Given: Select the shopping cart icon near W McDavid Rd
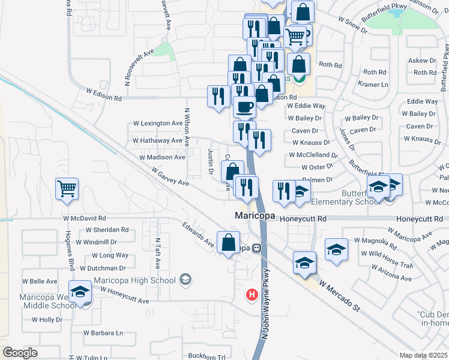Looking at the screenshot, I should pyautogui.click(x=67, y=188).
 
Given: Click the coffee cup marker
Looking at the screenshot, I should pyautogui.click(x=244, y=107).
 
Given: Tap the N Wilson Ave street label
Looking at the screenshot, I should pyautogui.click(x=187, y=127).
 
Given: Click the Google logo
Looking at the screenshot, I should pyautogui.click(x=20, y=352).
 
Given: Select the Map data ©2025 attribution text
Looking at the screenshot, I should pyautogui.click(x=423, y=355).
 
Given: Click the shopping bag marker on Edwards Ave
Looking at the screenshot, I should pyautogui.click(x=228, y=243).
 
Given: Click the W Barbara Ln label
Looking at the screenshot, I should pyautogui.click(x=103, y=332).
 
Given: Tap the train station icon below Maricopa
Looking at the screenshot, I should pyautogui.click(x=256, y=247).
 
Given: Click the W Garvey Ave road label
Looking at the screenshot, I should pyautogui.click(x=164, y=178).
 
